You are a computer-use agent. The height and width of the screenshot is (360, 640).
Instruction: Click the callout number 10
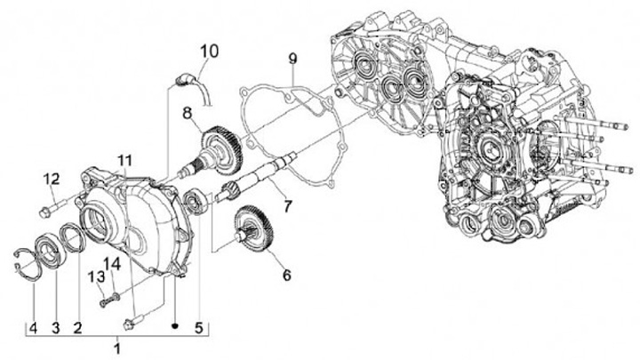tap(206, 50)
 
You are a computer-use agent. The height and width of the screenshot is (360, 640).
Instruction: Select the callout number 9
tap(292, 60)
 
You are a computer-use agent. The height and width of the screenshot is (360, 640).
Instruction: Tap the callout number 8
tap(188, 113)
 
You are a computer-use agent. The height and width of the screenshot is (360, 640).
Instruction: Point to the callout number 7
tap(287, 206)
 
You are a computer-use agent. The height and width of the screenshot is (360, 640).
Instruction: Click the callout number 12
tap(51, 180)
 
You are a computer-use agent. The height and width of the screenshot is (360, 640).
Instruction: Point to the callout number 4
tap(33, 327)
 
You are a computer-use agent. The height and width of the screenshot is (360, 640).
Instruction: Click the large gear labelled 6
tap(254, 233)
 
